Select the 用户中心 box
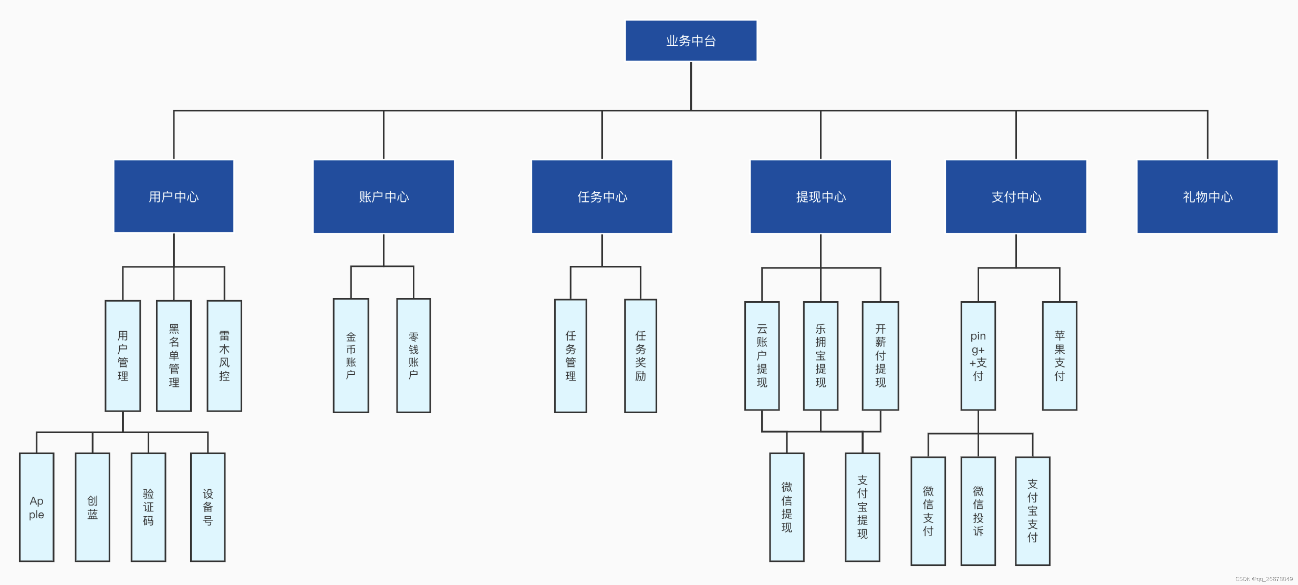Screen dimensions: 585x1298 point(173,196)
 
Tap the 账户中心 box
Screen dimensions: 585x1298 point(383,196)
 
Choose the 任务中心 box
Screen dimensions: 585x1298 point(602,196)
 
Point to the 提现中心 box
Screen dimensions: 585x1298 point(820,196)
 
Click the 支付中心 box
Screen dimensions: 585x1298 point(1016,196)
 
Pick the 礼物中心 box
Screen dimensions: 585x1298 point(1207,196)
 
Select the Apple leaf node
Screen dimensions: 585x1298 point(36,507)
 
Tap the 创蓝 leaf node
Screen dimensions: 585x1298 point(92,507)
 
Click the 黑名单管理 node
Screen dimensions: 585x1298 point(173,356)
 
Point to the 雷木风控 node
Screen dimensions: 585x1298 point(224,356)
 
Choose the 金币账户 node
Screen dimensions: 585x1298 point(351,356)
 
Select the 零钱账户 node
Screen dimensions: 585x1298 point(413,356)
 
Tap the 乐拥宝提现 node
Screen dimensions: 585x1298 point(820,356)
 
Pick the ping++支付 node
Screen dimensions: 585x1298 point(978,356)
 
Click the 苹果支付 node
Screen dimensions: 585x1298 point(1059,356)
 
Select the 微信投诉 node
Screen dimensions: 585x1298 point(978,511)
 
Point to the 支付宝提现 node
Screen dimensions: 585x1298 point(862,507)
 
